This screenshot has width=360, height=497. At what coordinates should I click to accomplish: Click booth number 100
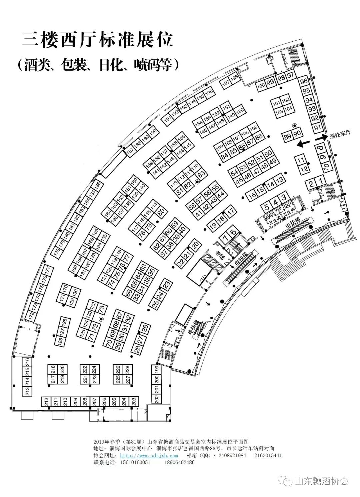pos(261,86)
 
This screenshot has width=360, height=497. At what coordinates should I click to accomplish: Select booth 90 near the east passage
pos(297,133)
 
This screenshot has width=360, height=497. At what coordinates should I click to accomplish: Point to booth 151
pos(226,107)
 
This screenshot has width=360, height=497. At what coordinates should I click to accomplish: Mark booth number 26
pos(145,328)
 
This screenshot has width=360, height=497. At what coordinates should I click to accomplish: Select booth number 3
pos(284,197)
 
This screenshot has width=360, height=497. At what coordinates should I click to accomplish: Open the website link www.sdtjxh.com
pos(149,455)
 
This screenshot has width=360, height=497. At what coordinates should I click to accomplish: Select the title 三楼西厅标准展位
pos(97,40)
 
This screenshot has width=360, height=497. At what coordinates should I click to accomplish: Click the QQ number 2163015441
pos(268,455)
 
